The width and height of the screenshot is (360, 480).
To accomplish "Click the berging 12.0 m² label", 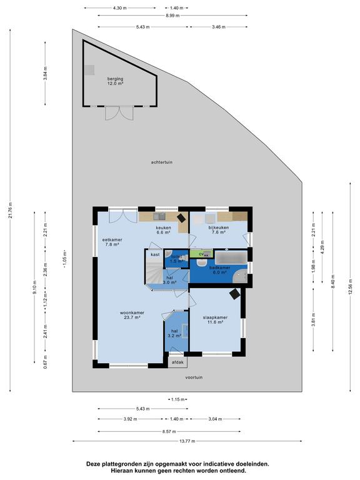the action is (115, 81).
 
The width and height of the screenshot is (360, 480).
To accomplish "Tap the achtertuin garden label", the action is (162, 162).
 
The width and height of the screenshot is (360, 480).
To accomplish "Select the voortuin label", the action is (194, 377).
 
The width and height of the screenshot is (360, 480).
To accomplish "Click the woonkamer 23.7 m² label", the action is (132, 315).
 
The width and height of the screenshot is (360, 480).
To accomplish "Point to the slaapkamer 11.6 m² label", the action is (215, 319).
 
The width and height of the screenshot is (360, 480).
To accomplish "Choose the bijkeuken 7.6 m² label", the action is (219, 229).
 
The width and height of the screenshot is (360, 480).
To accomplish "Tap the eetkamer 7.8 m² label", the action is (112, 242).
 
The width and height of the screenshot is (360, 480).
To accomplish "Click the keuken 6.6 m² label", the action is (164, 229).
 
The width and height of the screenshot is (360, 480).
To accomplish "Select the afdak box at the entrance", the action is (177, 362).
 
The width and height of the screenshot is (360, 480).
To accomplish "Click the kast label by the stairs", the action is (155, 254).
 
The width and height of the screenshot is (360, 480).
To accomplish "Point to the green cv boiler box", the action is (201, 254).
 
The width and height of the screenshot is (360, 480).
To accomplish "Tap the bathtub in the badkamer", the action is (231, 257).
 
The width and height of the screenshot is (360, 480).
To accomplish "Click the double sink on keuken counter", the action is (159, 216).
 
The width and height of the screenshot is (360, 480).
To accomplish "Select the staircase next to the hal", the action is (154, 271).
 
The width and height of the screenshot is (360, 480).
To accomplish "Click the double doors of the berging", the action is (119, 113).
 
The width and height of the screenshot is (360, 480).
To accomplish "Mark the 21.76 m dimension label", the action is (11, 211).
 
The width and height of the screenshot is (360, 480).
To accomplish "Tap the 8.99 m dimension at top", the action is (172, 15).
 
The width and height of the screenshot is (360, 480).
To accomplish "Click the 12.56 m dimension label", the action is (351, 287).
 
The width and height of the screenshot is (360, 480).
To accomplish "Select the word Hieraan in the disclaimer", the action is (121, 471).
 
